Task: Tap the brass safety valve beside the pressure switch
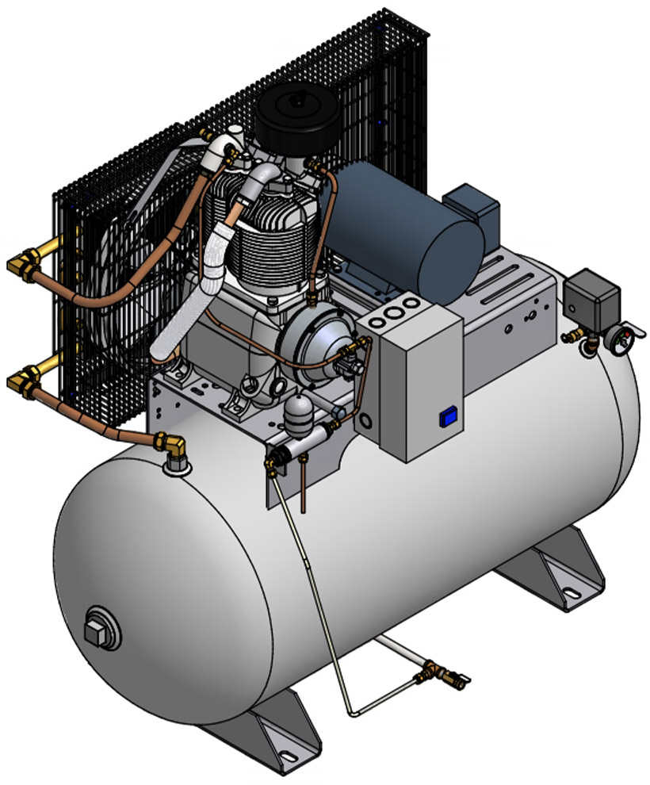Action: tap(571, 338)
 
